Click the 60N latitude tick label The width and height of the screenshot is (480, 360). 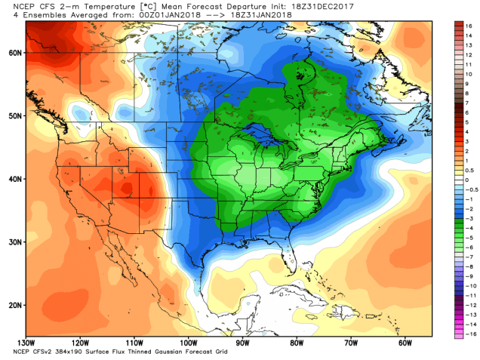pos(12,53)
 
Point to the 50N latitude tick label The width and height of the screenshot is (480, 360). pos(12,115)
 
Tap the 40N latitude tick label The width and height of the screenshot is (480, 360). pos(12,179)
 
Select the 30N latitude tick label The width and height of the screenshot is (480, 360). pos(12,241)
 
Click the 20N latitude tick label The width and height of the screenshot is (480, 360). pos(12,303)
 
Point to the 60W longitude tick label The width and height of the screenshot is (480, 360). pos(404,343)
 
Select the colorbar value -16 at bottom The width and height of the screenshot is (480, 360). pos(469,333)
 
